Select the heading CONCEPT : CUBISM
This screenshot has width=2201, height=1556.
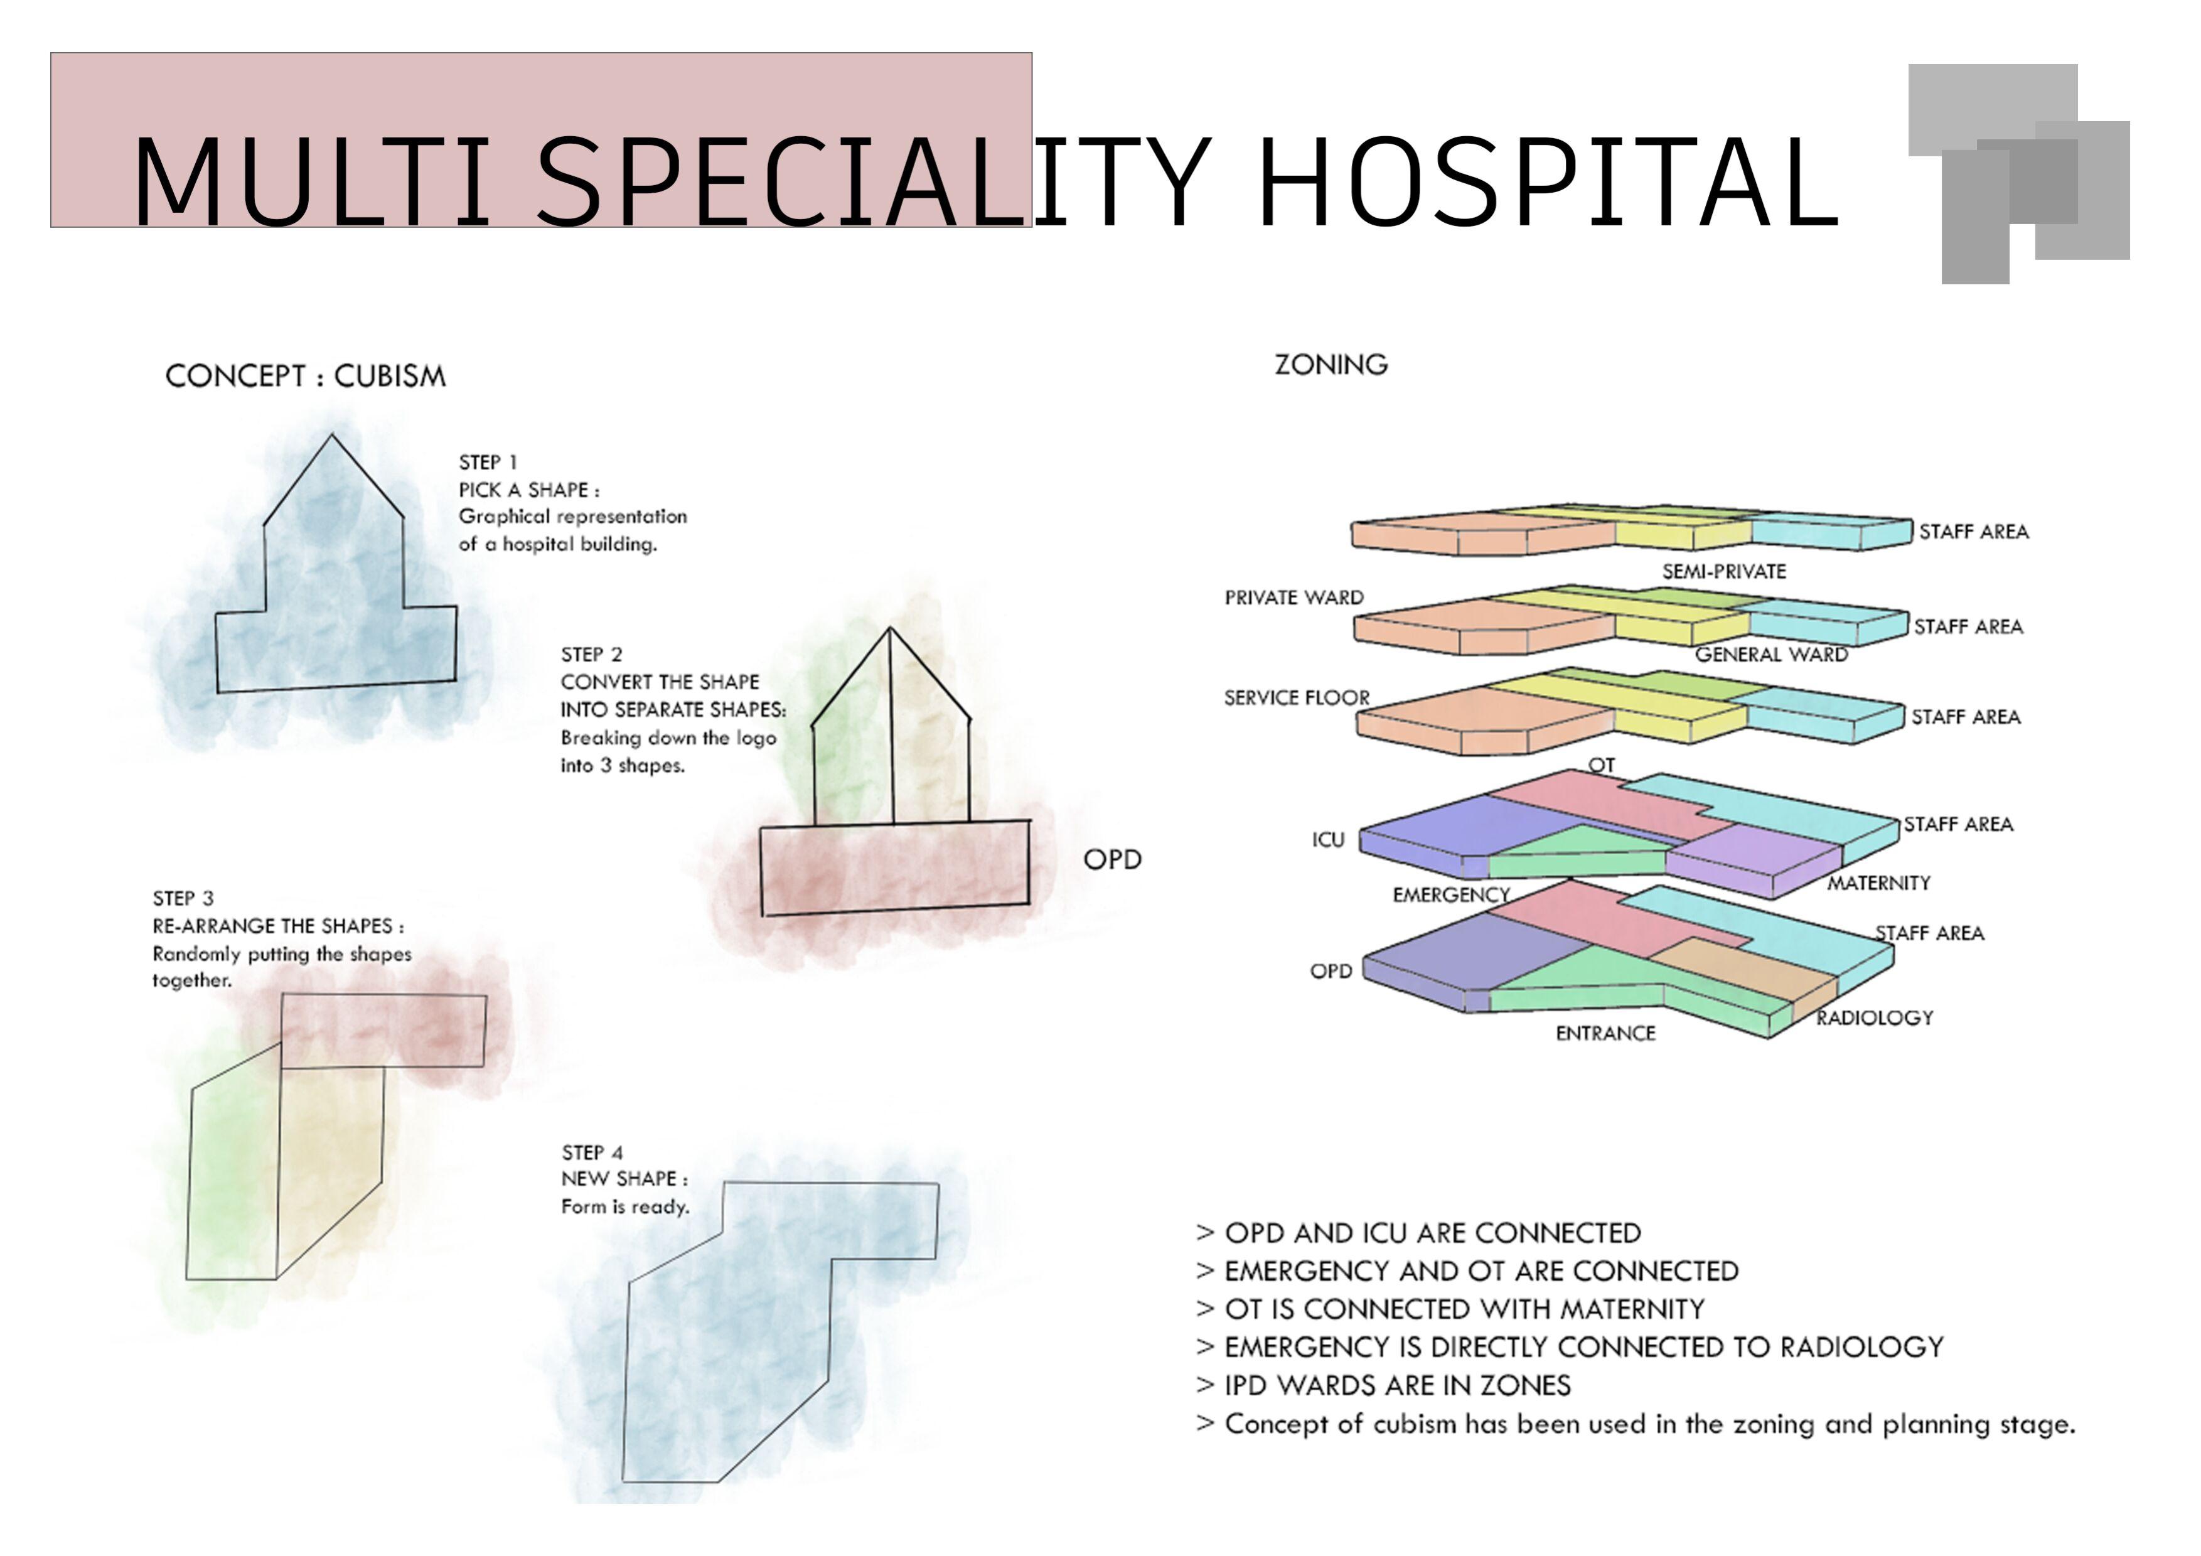click(x=305, y=376)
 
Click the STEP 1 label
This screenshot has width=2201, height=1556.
click(x=487, y=462)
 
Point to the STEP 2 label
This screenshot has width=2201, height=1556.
click(x=591, y=655)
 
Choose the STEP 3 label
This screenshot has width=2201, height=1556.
click(x=183, y=898)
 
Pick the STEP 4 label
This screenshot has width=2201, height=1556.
click(x=591, y=1152)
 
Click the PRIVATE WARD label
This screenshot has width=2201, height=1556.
click(x=1293, y=598)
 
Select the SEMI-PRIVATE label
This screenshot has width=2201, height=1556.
click(x=1723, y=571)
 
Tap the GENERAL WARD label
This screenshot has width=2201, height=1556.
click(x=1770, y=655)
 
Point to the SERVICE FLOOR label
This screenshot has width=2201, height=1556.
click(x=1296, y=698)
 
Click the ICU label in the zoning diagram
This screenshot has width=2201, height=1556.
click(x=1328, y=840)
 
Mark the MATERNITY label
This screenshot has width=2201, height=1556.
click(x=1878, y=883)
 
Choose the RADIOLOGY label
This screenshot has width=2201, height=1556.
click(x=1874, y=1018)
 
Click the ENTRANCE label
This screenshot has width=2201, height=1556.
click(x=1605, y=1034)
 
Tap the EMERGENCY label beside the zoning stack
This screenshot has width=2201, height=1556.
click(x=1450, y=896)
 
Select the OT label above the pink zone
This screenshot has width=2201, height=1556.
click(x=1601, y=765)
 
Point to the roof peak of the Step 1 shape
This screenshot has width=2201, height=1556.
click(x=333, y=437)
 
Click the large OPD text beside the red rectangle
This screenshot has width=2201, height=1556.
click(x=1112, y=860)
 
